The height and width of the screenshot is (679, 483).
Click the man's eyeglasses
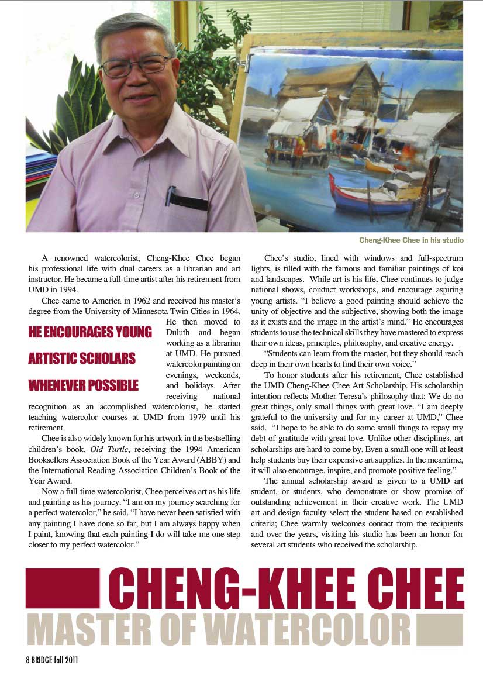(135, 66)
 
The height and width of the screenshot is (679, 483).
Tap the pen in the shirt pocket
(170, 196)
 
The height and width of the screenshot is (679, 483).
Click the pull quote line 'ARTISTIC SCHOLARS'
(82, 359)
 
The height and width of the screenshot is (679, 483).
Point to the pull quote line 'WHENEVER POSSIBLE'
(84, 385)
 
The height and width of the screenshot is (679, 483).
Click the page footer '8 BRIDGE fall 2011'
(52, 660)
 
